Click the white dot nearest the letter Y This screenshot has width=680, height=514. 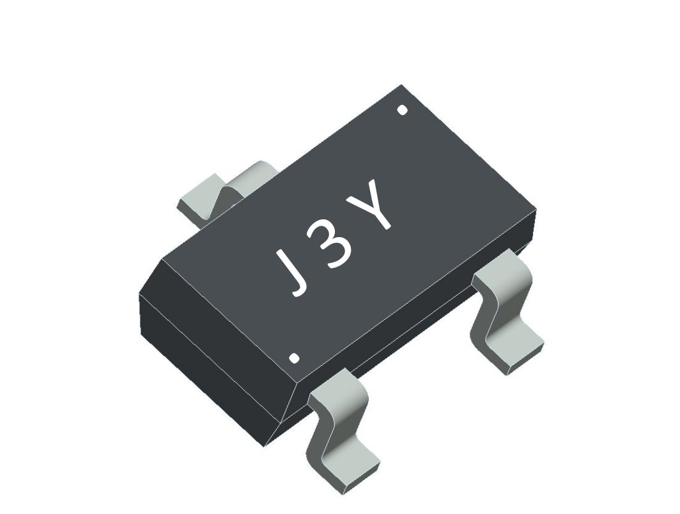[x=402, y=110]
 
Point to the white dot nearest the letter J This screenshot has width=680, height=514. [x=294, y=358]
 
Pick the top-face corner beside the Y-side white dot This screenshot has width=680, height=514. [x=401, y=86]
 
